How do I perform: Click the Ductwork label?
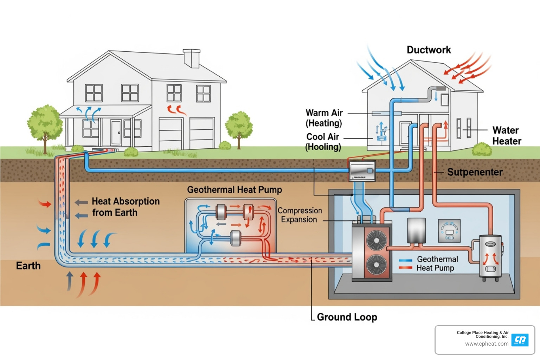[429, 50]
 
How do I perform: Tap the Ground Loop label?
[347, 317]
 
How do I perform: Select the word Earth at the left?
[28, 266]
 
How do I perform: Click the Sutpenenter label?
[475, 172]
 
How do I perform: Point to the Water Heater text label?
[506, 136]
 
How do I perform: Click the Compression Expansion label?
[300, 215]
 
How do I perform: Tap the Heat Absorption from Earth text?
[125, 207]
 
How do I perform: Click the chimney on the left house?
[192, 58]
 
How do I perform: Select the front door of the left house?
[116, 133]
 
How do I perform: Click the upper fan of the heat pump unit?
[377, 240]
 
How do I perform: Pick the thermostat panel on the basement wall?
[450, 231]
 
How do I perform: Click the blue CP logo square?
[520, 340]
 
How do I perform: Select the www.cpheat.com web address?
[487, 344]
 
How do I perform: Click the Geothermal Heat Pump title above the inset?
[234, 190]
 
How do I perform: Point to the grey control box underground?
[362, 171]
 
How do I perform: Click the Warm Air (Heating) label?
[324, 118]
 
